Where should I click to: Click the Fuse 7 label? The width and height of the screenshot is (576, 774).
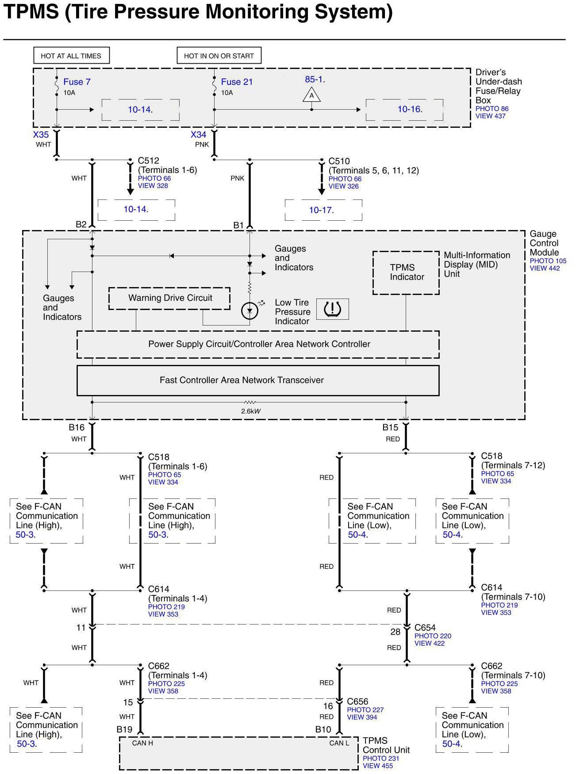77,82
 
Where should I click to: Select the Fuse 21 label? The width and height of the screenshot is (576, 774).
237,82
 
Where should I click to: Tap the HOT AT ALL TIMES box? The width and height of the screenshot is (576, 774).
71,56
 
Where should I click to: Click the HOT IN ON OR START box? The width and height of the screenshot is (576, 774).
219,56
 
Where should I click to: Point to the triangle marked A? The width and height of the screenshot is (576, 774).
311,96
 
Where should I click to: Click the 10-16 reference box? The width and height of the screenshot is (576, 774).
404,110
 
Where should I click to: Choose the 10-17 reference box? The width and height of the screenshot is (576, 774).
323,210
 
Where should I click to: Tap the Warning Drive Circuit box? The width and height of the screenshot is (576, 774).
169,299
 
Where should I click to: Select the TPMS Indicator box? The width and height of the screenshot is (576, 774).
406,272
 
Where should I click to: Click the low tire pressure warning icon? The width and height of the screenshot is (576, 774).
333,309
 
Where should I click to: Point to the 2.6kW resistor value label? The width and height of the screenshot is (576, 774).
251,411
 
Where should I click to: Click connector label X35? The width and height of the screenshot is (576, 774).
41,134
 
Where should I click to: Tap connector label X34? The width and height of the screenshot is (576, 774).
198,134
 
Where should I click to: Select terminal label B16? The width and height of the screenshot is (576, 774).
77,427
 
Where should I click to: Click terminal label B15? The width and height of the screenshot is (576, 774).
390,427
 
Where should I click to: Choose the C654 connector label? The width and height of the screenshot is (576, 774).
425,628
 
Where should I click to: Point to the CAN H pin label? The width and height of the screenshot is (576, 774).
142,743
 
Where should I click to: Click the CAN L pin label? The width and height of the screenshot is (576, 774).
339,743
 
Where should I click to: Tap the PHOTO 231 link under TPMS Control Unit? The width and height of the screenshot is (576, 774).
380,758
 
